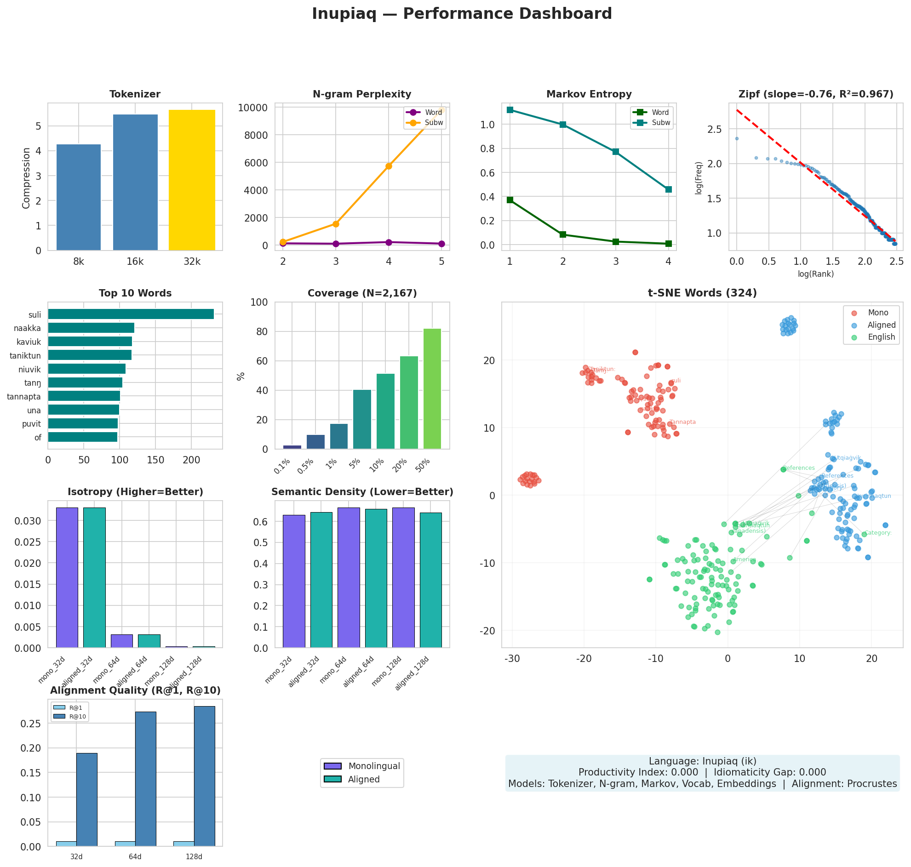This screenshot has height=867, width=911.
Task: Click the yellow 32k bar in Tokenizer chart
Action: [x=191, y=180]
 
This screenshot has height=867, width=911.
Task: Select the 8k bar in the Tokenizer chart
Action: [x=78, y=197]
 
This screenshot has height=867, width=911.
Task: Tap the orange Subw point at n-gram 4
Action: [x=389, y=166]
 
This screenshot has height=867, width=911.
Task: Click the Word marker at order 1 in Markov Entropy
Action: [x=510, y=200]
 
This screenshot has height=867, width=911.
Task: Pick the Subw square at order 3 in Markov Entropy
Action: [x=616, y=152]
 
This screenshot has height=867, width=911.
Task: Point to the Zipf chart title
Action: [x=816, y=94]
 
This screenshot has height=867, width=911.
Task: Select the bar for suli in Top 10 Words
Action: [x=130, y=314]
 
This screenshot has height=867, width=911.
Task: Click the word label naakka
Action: [x=27, y=329]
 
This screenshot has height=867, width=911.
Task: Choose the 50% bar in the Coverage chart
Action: [x=432, y=388]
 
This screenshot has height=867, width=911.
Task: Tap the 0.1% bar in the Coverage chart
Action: [x=292, y=447]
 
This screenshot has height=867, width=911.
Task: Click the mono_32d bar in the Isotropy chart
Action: [x=67, y=577]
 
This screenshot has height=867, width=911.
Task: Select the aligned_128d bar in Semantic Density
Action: [x=431, y=580]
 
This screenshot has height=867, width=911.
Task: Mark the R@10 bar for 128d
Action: [x=204, y=776]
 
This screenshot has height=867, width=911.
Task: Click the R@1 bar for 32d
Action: [x=66, y=844]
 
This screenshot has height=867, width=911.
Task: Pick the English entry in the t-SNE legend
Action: [x=881, y=337]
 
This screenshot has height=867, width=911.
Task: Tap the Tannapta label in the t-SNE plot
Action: [x=682, y=422]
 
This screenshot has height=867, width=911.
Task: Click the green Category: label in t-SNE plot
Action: [x=878, y=533]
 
